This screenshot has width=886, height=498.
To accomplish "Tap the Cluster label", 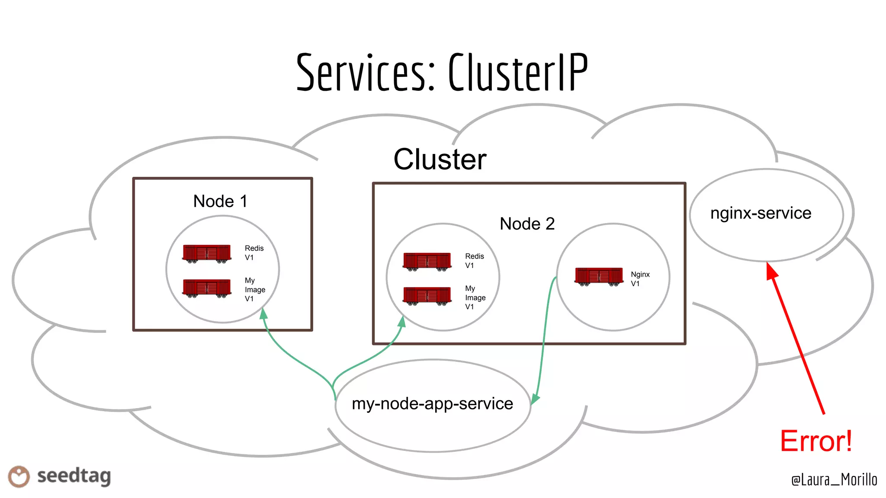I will tap(440, 159).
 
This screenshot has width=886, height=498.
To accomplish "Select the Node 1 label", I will tap(220, 201).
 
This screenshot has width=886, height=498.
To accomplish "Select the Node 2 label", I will tap(527, 223).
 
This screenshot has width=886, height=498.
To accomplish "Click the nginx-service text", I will tap(761, 213).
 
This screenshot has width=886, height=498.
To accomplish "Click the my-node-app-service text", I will tap(432, 403).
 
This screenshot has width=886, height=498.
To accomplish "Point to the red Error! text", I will tap(816, 441).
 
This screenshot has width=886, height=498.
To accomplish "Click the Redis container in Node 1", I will tap(207, 254).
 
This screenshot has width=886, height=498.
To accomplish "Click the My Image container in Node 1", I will tap(207, 288).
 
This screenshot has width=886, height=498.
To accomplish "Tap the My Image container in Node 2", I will tap(427, 296).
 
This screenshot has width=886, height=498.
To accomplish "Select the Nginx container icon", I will tap(599, 277).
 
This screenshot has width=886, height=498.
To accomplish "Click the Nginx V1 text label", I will tap(640, 279).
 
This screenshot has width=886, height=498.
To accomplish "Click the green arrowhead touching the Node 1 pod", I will tap(263, 313).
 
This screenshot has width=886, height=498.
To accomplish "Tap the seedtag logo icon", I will tap(19, 476).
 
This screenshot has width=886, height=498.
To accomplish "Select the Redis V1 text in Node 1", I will tap(254, 252).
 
